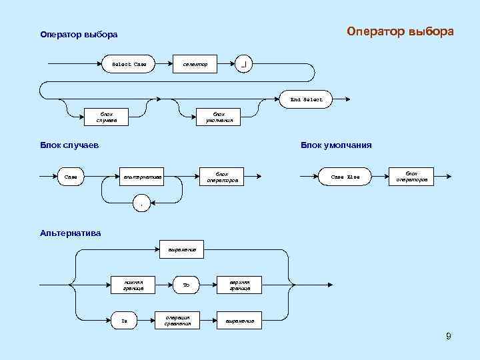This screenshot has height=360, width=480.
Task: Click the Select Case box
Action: [x=129, y=65]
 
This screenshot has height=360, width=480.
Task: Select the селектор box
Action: [x=195, y=65]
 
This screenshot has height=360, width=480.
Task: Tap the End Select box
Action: [x=306, y=99]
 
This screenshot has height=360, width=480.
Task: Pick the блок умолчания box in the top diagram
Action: [x=219, y=117]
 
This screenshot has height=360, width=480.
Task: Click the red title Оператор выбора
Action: [x=400, y=31]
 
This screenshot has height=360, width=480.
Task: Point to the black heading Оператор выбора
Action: [x=79, y=35]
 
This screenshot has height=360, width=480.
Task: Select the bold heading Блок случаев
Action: [x=69, y=145]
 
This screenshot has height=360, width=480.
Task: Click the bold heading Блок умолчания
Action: [x=336, y=145]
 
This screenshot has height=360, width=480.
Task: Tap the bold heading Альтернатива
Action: [x=71, y=233]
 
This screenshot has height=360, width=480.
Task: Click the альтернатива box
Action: [x=143, y=177]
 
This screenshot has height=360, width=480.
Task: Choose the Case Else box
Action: [x=345, y=177]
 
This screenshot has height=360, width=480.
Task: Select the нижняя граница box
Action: [x=133, y=285]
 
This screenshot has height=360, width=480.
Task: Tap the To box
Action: [x=186, y=285]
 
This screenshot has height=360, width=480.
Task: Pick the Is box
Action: [x=124, y=321]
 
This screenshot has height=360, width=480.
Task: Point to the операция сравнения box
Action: [x=177, y=320]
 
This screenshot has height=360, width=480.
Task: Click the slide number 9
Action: [x=449, y=336]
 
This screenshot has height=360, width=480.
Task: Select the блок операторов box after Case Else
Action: [x=411, y=176]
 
